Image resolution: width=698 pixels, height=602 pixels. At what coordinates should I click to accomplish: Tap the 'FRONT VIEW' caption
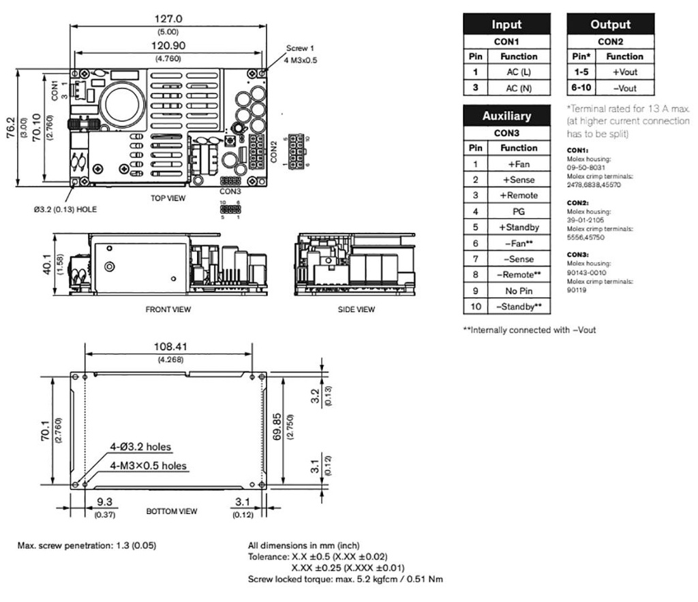168,309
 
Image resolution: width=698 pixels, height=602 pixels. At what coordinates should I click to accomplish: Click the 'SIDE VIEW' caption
356,309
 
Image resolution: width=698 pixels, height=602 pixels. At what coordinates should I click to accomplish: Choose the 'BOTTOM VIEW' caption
172,511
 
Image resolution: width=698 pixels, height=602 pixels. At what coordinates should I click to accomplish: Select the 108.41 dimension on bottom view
168,347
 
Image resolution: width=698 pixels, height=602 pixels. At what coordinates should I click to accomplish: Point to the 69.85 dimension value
286,427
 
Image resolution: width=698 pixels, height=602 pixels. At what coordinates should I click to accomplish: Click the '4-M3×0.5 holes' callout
149,466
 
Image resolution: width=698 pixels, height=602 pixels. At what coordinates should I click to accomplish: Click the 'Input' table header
506,25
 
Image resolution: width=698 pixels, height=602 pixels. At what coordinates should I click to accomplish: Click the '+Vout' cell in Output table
624,72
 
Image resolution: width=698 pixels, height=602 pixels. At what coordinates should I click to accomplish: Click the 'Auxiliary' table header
506,116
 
